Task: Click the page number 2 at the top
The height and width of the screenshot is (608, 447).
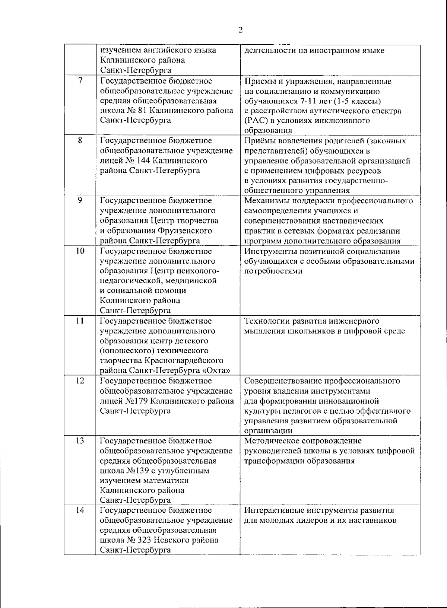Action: pos(240,30)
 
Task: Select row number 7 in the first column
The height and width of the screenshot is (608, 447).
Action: pos(80,81)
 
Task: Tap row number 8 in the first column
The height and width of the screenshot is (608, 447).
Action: pos(80,141)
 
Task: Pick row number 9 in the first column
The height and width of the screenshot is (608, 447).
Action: pos(80,201)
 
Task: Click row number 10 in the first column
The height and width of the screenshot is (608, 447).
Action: pos(80,251)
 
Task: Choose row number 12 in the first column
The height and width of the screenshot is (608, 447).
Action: pos(80,381)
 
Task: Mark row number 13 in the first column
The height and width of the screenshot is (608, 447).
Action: pos(80,441)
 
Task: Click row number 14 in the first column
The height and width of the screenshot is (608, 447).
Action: pos(80,510)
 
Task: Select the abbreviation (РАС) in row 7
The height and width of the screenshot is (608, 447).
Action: pos(255,121)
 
